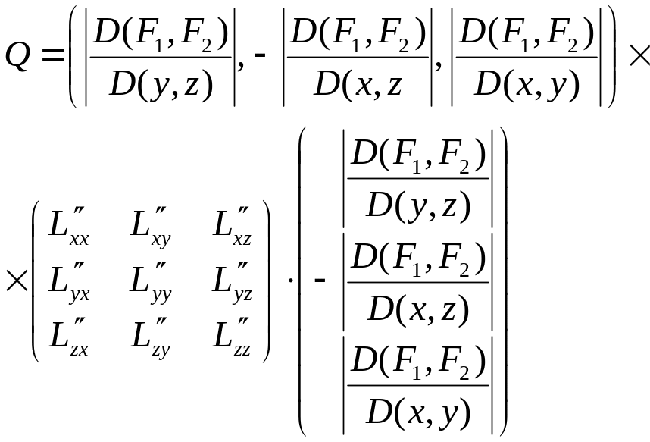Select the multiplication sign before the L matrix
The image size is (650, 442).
pos(15,281)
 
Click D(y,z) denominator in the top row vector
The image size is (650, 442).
pos(161,83)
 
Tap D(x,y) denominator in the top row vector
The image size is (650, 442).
pos(527,83)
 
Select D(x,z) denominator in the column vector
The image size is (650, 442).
pos(417,308)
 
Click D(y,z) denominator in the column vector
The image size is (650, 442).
pos(417,205)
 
